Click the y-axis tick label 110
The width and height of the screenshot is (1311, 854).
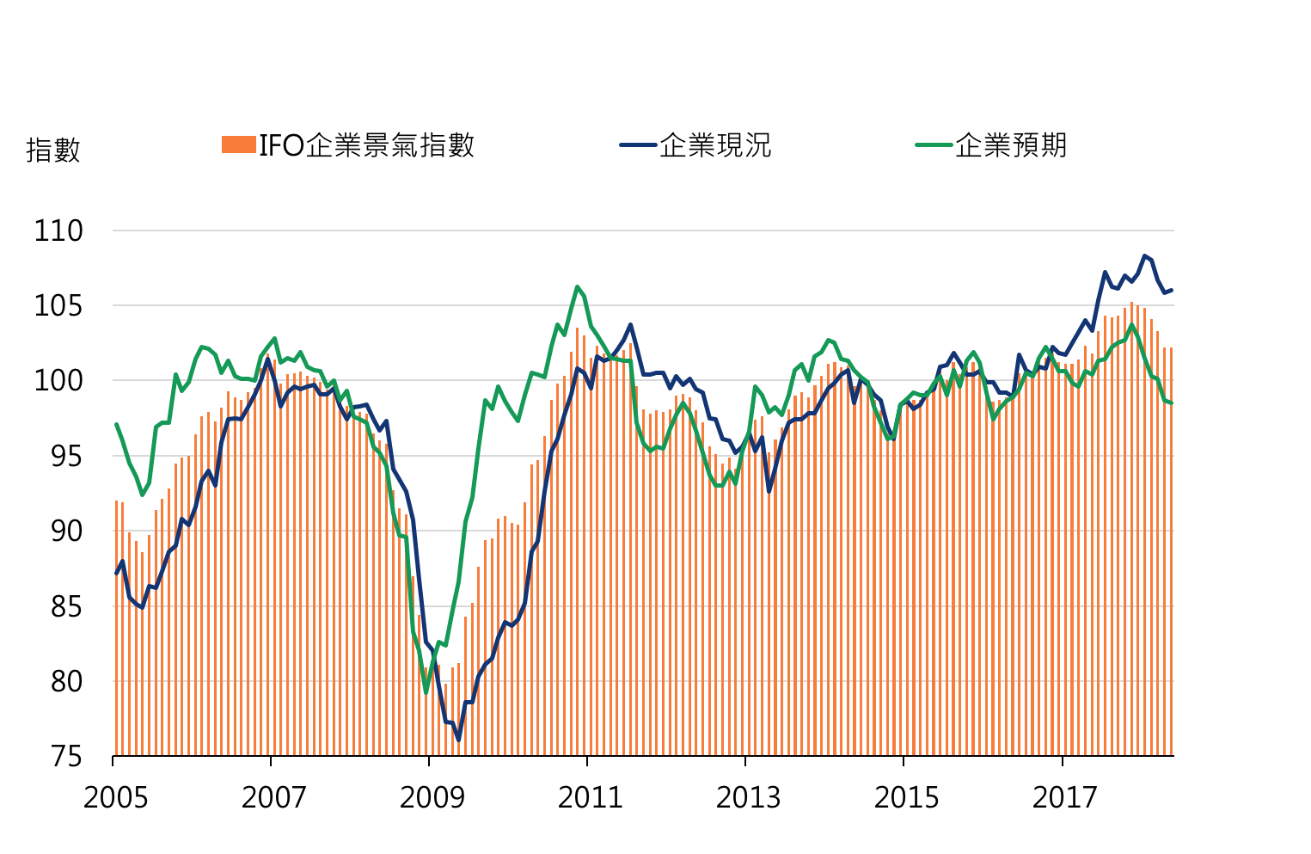[58, 230]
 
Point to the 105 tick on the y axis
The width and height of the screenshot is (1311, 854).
[58, 305]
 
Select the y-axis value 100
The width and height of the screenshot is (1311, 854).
[58, 380]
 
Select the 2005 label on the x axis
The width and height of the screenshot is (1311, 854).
[115, 798]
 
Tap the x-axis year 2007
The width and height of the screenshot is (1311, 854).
[273, 798]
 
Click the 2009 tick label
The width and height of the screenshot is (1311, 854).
[432, 798]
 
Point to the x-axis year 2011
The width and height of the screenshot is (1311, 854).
[590, 798]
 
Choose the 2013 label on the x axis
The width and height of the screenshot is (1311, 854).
[748, 798]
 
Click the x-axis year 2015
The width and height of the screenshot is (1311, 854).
[906, 798]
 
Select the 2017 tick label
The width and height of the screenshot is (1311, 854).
[1064, 798]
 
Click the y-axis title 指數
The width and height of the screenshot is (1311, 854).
[52, 150]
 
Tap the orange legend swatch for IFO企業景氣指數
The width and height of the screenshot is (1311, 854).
[238, 145]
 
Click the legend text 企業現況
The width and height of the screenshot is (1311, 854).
[715, 145]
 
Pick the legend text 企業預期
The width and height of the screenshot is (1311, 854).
[1011, 145]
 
